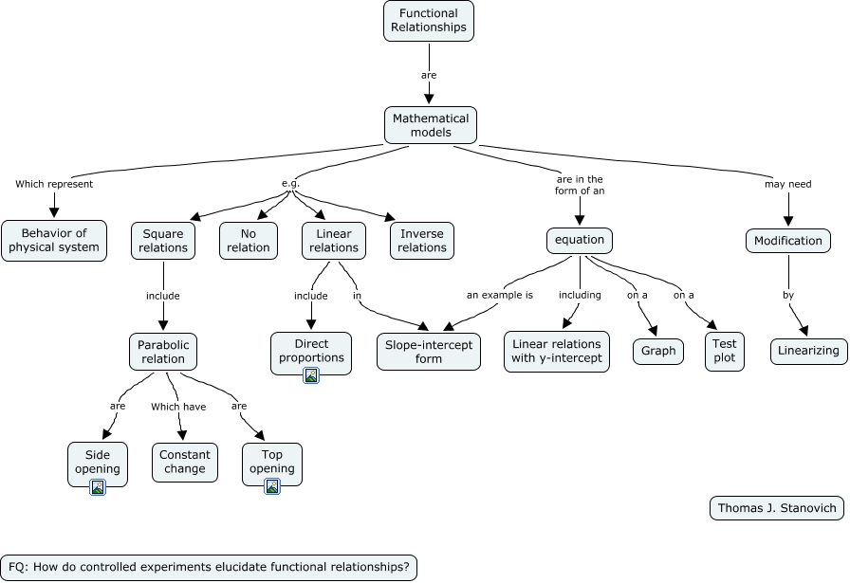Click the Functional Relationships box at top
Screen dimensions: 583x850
pyautogui.click(x=428, y=21)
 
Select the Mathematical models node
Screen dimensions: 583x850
pyautogui.click(x=430, y=125)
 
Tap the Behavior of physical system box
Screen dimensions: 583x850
pyautogui.click(x=54, y=241)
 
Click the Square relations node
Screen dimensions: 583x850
pyautogui.click(x=163, y=241)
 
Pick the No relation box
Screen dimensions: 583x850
pyautogui.click(x=248, y=241)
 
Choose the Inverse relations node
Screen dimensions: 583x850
pyautogui.click(x=421, y=241)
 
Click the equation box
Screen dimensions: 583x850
pyautogui.click(x=580, y=241)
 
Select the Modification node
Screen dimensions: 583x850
pyautogui.click(x=787, y=241)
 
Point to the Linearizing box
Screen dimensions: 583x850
pyautogui.click(x=808, y=351)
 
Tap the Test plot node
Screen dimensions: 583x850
pyautogui.click(x=724, y=351)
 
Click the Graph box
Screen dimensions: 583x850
pyautogui.click(x=658, y=351)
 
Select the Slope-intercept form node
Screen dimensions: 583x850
pyautogui.click(x=429, y=352)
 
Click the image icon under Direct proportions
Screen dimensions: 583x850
pyautogui.click(x=311, y=375)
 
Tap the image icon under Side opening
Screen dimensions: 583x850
pyautogui.click(x=97, y=486)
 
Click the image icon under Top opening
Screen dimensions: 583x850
pyautogui.click(x=272, y=486)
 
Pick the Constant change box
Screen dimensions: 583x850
pyautogui.click(x=184, y=462)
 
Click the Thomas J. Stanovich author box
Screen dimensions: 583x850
pyautogui.click(x=776, y=508)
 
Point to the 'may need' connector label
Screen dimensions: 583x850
pyautogui.click(x=787, y=184)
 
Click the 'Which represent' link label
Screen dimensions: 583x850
pyautogui.click(x=54, y=184)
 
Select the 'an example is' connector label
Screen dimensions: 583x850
pyautogui.click(x=499, y=295)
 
